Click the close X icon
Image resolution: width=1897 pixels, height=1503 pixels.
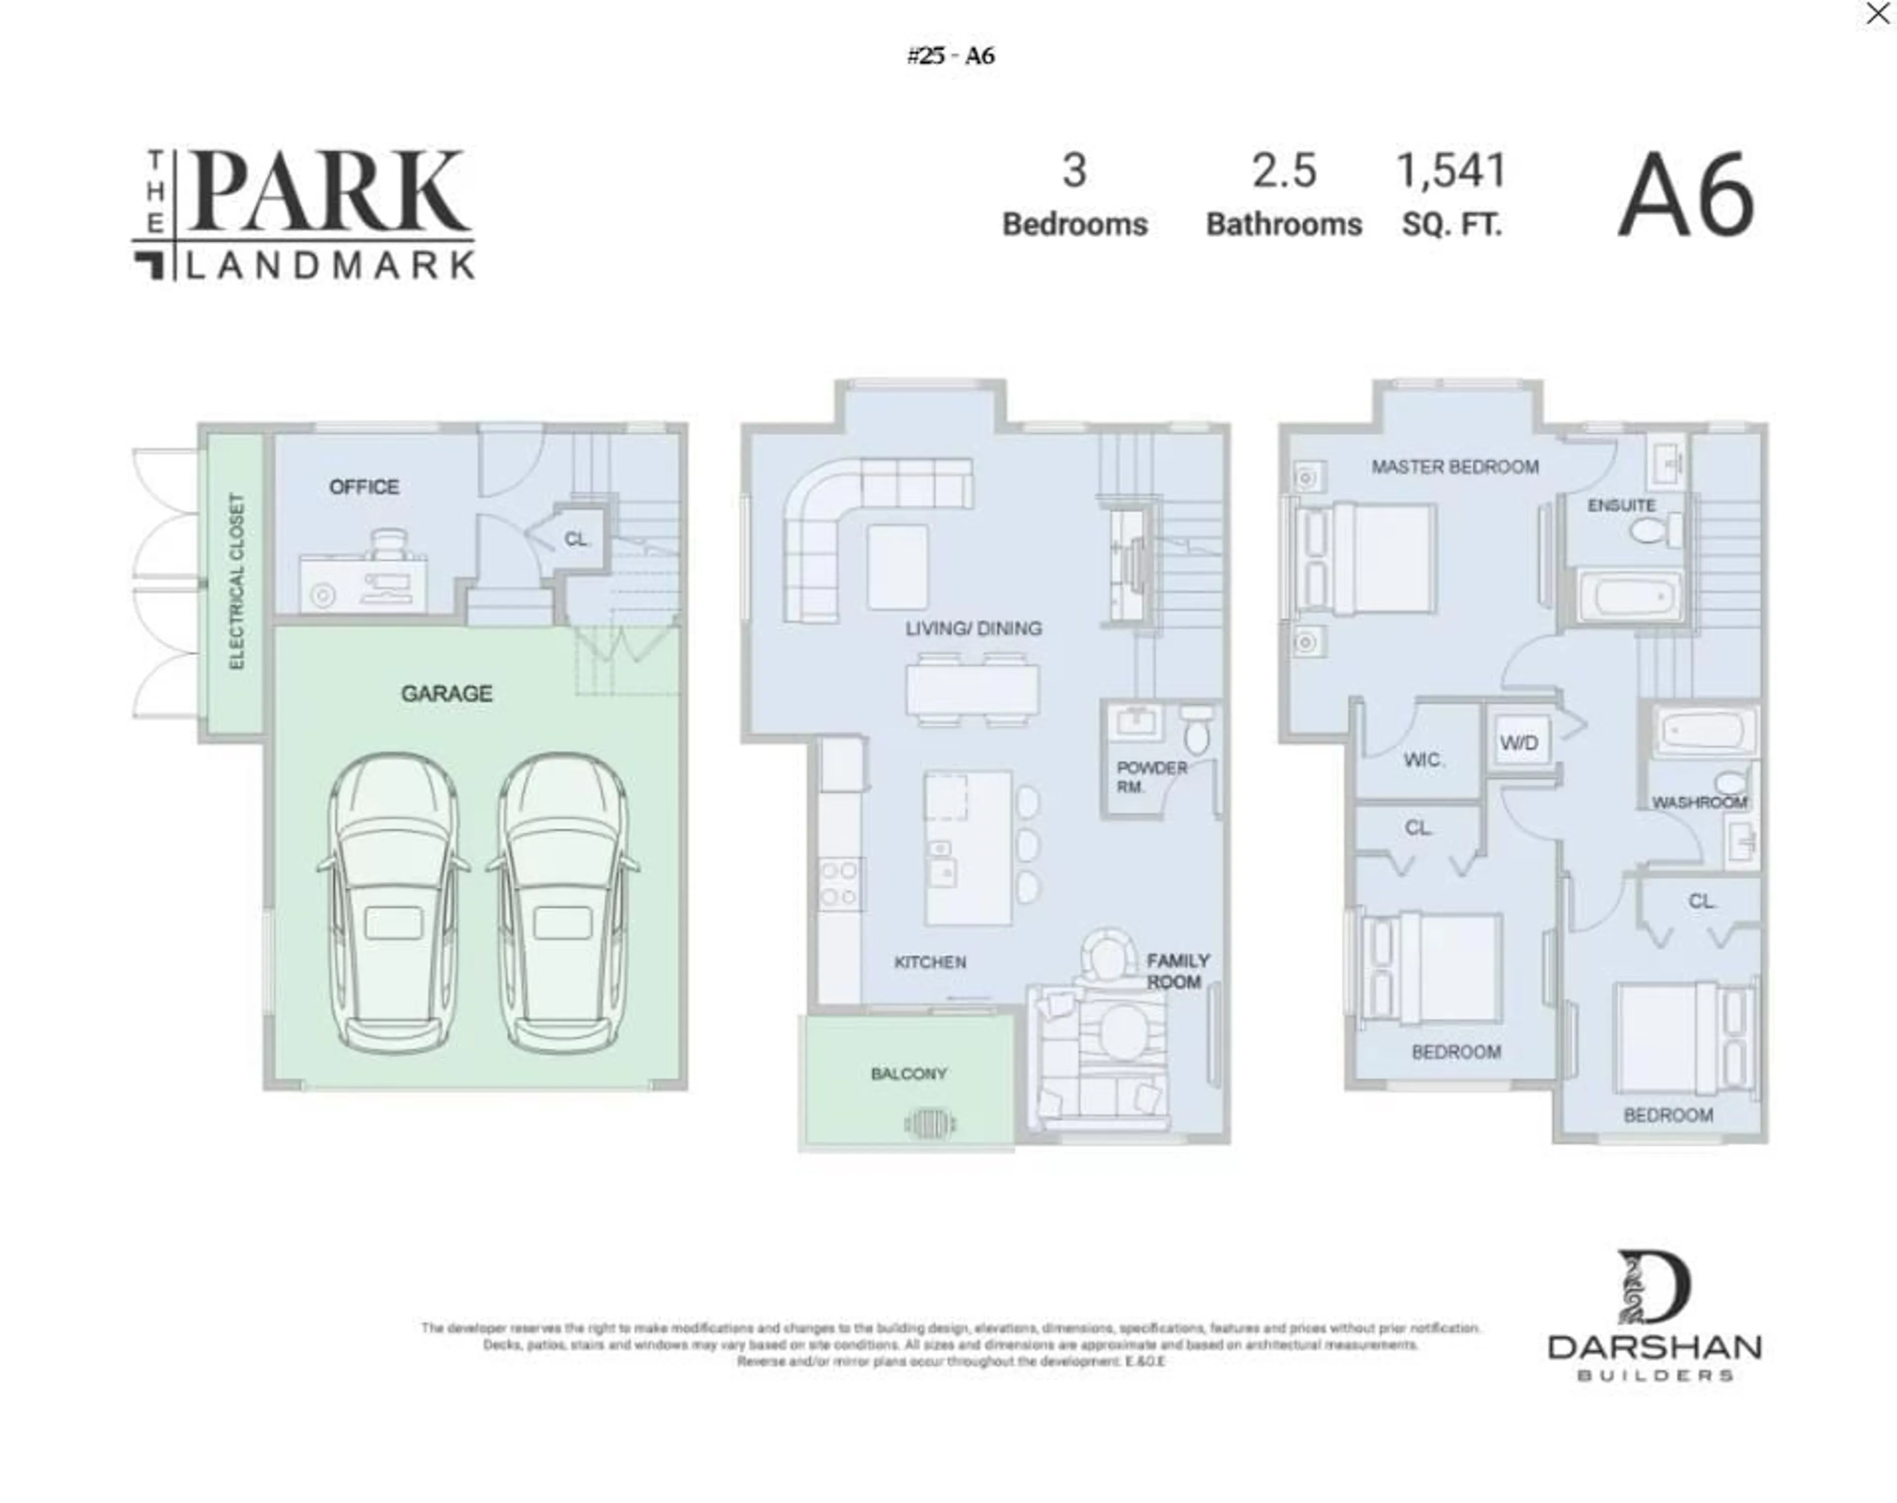pos(1877,13)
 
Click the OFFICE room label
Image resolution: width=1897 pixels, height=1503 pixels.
pos(364,487)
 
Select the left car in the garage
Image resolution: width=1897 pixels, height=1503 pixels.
pos(392,902)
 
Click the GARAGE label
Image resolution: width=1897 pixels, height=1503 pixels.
pos(446,693)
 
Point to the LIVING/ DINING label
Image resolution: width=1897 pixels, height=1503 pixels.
pos(973,628)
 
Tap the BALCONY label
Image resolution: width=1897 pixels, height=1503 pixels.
pos(908,1074)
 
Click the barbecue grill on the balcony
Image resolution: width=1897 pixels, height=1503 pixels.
pos(929,1123)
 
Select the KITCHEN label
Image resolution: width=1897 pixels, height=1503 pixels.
pos(930,962)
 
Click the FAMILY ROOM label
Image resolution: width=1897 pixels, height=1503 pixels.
pos(1177,970)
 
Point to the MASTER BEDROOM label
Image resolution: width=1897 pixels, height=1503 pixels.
pos(1454,466)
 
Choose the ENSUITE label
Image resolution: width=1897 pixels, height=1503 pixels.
pos(1621,505)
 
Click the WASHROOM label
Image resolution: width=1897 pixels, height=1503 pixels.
pos(1698,802)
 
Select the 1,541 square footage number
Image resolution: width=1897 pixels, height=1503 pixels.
pos(1451,171)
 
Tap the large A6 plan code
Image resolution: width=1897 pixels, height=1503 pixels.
pos(1686,195)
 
